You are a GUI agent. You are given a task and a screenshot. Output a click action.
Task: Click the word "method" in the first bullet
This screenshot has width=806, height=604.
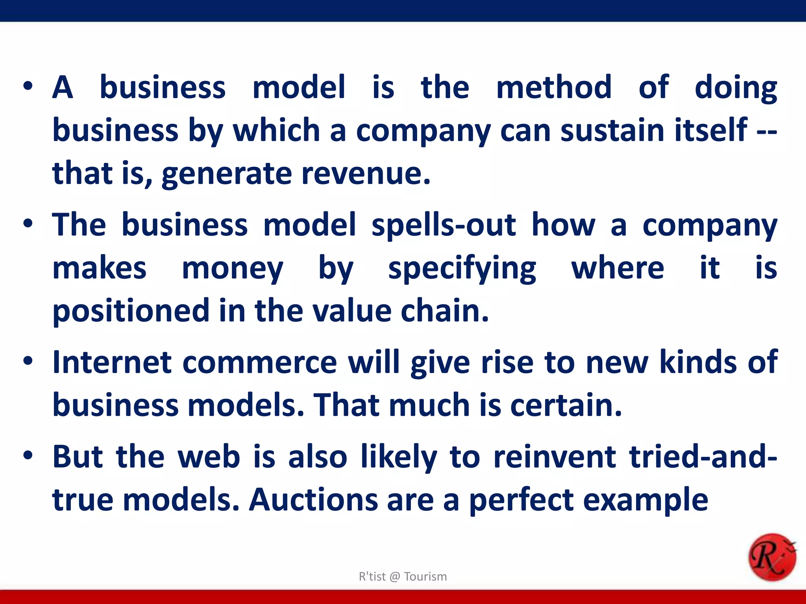[554, 87]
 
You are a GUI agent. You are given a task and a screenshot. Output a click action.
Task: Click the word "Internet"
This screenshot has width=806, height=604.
[112, 362]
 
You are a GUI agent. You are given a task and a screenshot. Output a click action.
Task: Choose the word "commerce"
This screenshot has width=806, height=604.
[260, 363]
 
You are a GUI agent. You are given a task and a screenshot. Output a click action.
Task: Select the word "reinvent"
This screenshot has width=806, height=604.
[555, 457]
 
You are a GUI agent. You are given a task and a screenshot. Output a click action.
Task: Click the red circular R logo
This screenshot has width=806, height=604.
[772, 557]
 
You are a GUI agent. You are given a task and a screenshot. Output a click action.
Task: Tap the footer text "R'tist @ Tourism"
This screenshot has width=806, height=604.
[403, 576]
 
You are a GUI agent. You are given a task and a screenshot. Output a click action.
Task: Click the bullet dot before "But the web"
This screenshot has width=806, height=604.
[28, 455]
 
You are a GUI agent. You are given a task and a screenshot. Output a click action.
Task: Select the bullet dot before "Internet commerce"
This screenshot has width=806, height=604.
[28, 361]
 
